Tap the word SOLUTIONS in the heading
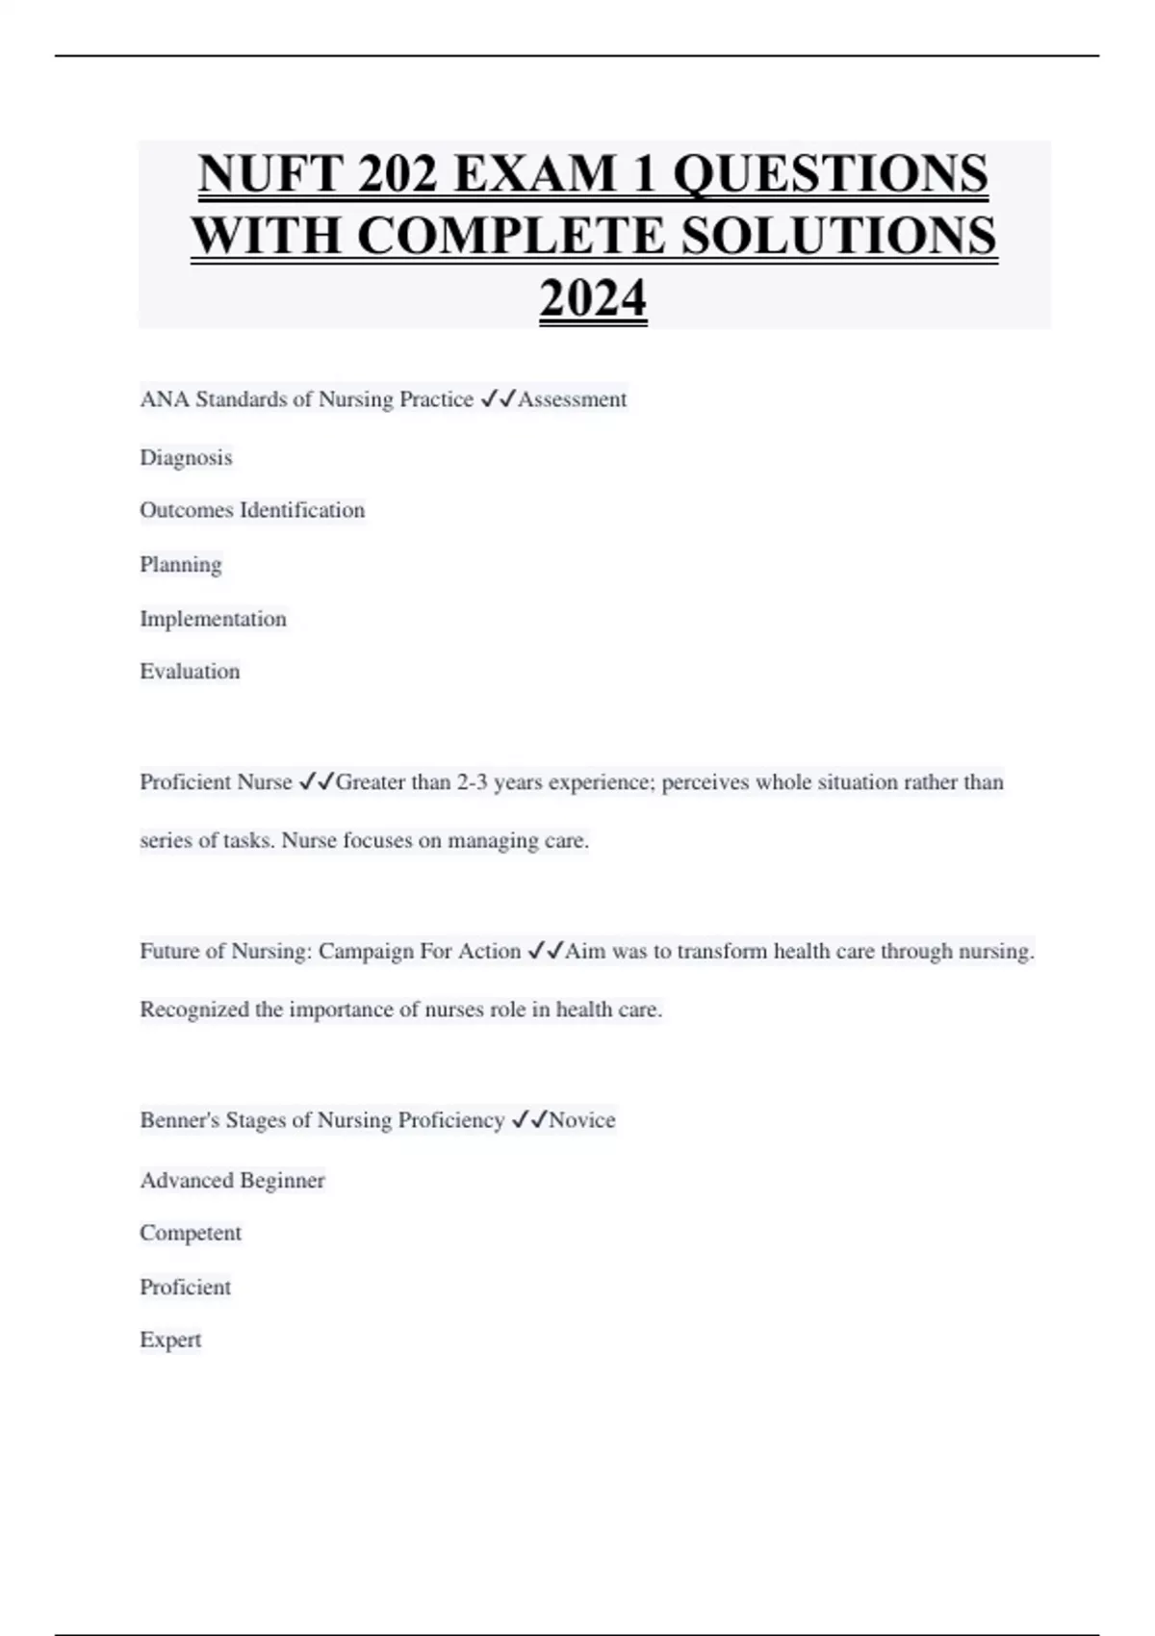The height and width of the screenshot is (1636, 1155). point(838,236)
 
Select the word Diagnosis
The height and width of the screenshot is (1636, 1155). point(186,457)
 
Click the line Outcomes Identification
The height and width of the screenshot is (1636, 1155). point(252,510)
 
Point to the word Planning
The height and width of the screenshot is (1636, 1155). point(181,564)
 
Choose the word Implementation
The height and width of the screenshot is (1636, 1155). point(213,618)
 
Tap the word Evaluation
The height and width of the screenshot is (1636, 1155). point(190,671)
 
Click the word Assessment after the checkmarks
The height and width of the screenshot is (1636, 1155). point(572,399)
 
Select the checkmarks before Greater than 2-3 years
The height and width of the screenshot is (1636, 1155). point(316,782)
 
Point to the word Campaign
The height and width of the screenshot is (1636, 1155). point(365,951)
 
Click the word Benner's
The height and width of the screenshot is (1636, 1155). point(180,1120)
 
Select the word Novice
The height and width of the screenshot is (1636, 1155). point(581,1120)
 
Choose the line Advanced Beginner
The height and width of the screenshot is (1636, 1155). point(232,1180)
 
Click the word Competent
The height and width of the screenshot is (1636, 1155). point(191,1233)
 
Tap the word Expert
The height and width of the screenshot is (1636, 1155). point(170,1340)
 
